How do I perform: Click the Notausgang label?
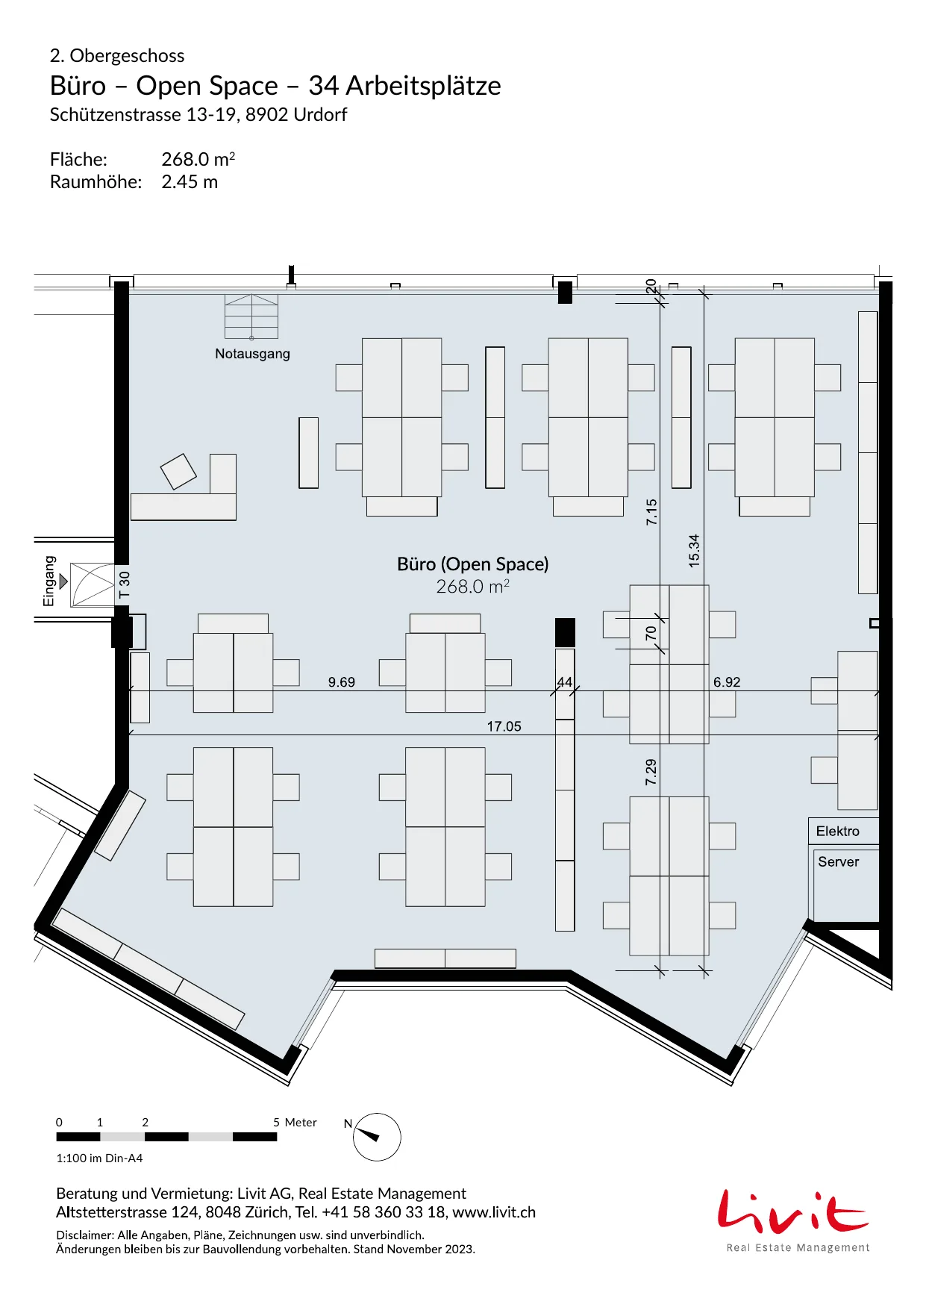(x=252, y=354)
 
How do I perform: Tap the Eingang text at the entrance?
(x=49, y=581)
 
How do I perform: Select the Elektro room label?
(x=837, y=831)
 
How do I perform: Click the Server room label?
(x=838, y=861)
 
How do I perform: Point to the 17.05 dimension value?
(x=504, y=726)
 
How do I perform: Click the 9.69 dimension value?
(x=342, y=682)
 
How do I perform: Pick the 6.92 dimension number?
(x=727, y=682)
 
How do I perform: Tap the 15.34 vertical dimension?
(x=695, y=551)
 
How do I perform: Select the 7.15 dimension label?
(x=651, y=512)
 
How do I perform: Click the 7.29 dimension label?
(x=651, y=772)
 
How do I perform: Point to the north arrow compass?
(x=377, y=1137)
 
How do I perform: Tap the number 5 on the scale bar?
(x=276, y=1122)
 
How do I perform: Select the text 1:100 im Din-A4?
(x=99, y=1158)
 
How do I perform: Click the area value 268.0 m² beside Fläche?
(x=198, y=159)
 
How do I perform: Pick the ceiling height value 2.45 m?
(x=190, y=182)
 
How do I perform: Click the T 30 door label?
(x=125, y=584)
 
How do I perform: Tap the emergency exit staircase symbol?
(x=251, y=316)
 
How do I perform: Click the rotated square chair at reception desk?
(x=178, y=472)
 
